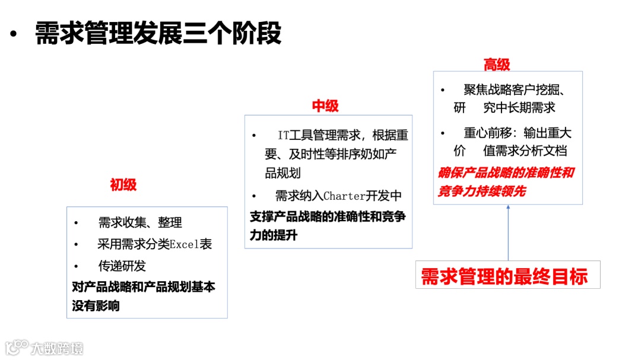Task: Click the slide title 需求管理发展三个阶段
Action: point(158,33)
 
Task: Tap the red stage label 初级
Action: point(123,185)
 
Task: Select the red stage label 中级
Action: point(325,106)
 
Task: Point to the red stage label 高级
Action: point(497,64)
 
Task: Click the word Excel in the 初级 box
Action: point(185,244)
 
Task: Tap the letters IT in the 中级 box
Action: point(283,136)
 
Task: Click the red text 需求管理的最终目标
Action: point(504,276)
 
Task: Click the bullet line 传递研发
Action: point(122,266)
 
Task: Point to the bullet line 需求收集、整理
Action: point(140,223)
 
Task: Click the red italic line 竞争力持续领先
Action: point(481,192)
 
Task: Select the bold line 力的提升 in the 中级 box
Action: point(274,235)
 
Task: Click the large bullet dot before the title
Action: point(14,34)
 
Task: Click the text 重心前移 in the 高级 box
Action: point(485,133)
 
